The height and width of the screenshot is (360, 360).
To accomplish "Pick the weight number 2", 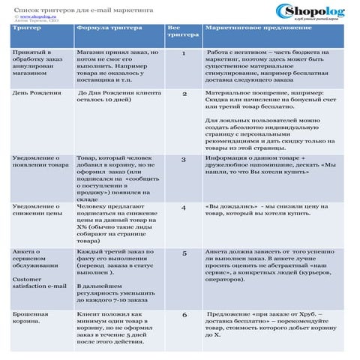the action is coord(184,94).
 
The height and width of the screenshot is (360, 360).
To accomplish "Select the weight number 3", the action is coord(184,160).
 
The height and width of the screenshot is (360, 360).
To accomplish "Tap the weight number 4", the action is coord(184,207).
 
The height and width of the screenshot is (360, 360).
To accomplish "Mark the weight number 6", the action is coord(184,315).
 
